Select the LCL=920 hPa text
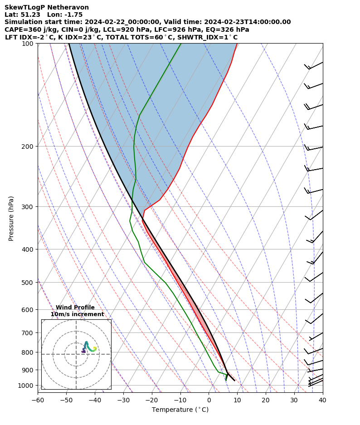pos(117,29)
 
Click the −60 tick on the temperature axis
pos(38,400)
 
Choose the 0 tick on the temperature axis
pos(209,400)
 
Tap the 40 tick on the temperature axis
pos(322,400)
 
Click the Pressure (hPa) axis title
pos(11,218)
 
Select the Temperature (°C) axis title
pos(180,410)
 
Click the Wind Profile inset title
pos(75,308)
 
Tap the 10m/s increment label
pos(77,314)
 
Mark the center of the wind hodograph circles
pos(76,354)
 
